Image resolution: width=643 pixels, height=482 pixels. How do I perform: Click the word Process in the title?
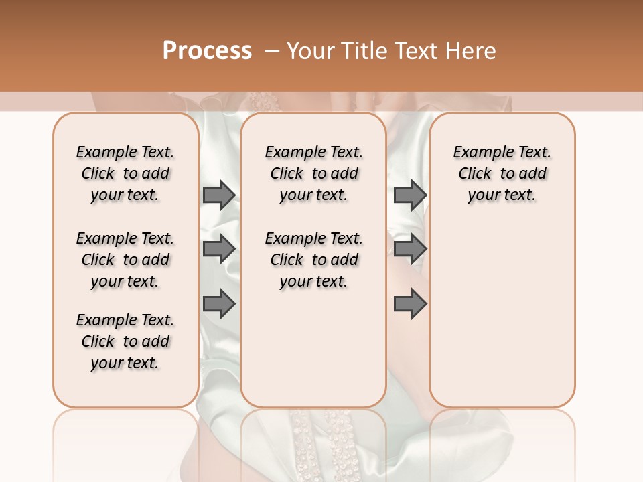pos(207,51)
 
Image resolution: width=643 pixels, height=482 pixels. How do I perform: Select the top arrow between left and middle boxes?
pos(219,195)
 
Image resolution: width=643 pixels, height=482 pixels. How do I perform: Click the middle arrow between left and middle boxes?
pos(219,249)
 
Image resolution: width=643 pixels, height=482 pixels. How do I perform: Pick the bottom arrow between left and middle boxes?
pos(219,305)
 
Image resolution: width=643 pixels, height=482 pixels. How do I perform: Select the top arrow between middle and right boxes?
pos(410,195)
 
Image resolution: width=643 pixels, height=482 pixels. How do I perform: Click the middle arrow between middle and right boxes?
pos(410,249)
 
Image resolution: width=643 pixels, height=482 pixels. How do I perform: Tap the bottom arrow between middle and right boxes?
pos(410,305)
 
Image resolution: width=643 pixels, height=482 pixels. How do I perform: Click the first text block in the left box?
pos(125,173)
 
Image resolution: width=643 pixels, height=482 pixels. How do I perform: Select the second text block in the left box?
pos(125,260)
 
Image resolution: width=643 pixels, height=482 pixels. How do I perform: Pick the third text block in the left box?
pos(125,341)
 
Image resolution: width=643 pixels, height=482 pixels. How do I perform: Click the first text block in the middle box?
pos(313,173)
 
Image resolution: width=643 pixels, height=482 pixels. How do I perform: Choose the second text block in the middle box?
pos(313,260)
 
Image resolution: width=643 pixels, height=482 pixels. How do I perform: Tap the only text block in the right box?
pos(502,173)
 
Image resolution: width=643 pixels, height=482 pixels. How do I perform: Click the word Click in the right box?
pos(475,174)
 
